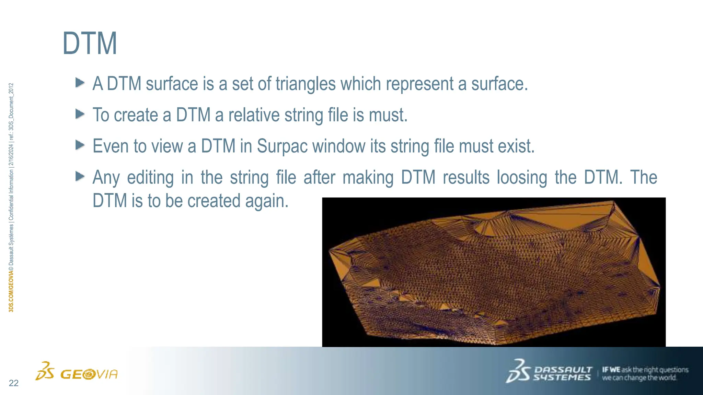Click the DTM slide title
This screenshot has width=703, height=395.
90,44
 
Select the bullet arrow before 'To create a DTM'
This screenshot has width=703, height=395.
80,114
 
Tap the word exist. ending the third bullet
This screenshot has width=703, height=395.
516,146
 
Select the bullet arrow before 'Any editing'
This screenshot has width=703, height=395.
80,176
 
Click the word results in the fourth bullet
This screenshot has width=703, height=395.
466,178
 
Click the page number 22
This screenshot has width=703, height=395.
14,383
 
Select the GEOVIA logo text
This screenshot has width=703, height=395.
89,374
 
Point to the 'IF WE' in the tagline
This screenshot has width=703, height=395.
611,370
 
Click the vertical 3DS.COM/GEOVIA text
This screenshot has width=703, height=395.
11,291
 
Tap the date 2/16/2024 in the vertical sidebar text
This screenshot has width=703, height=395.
11,155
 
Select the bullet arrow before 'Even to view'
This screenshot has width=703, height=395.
80,145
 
